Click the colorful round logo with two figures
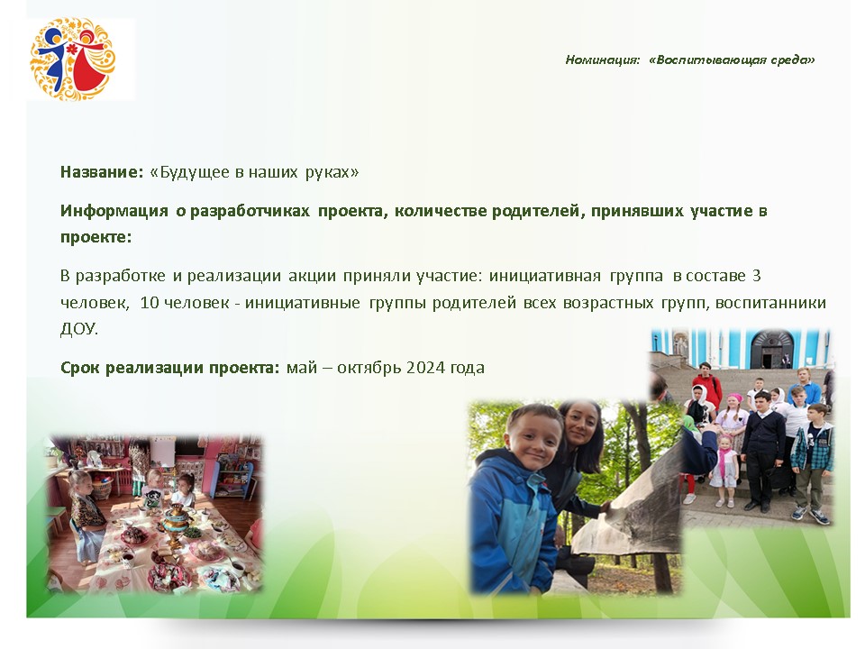[73, 59]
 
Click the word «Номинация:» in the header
[603, 59]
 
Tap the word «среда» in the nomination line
[792, 59]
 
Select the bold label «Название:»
[102, 171]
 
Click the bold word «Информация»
[114, 211]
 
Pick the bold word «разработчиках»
[250, 211]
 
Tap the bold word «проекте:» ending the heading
[96, 237]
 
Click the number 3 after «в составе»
[756, 276]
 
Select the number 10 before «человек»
[149, 303]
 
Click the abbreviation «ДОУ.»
[79, 329]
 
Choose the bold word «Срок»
[80, 368]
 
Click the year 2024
[425, 368]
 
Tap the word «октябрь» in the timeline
[369, 368]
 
